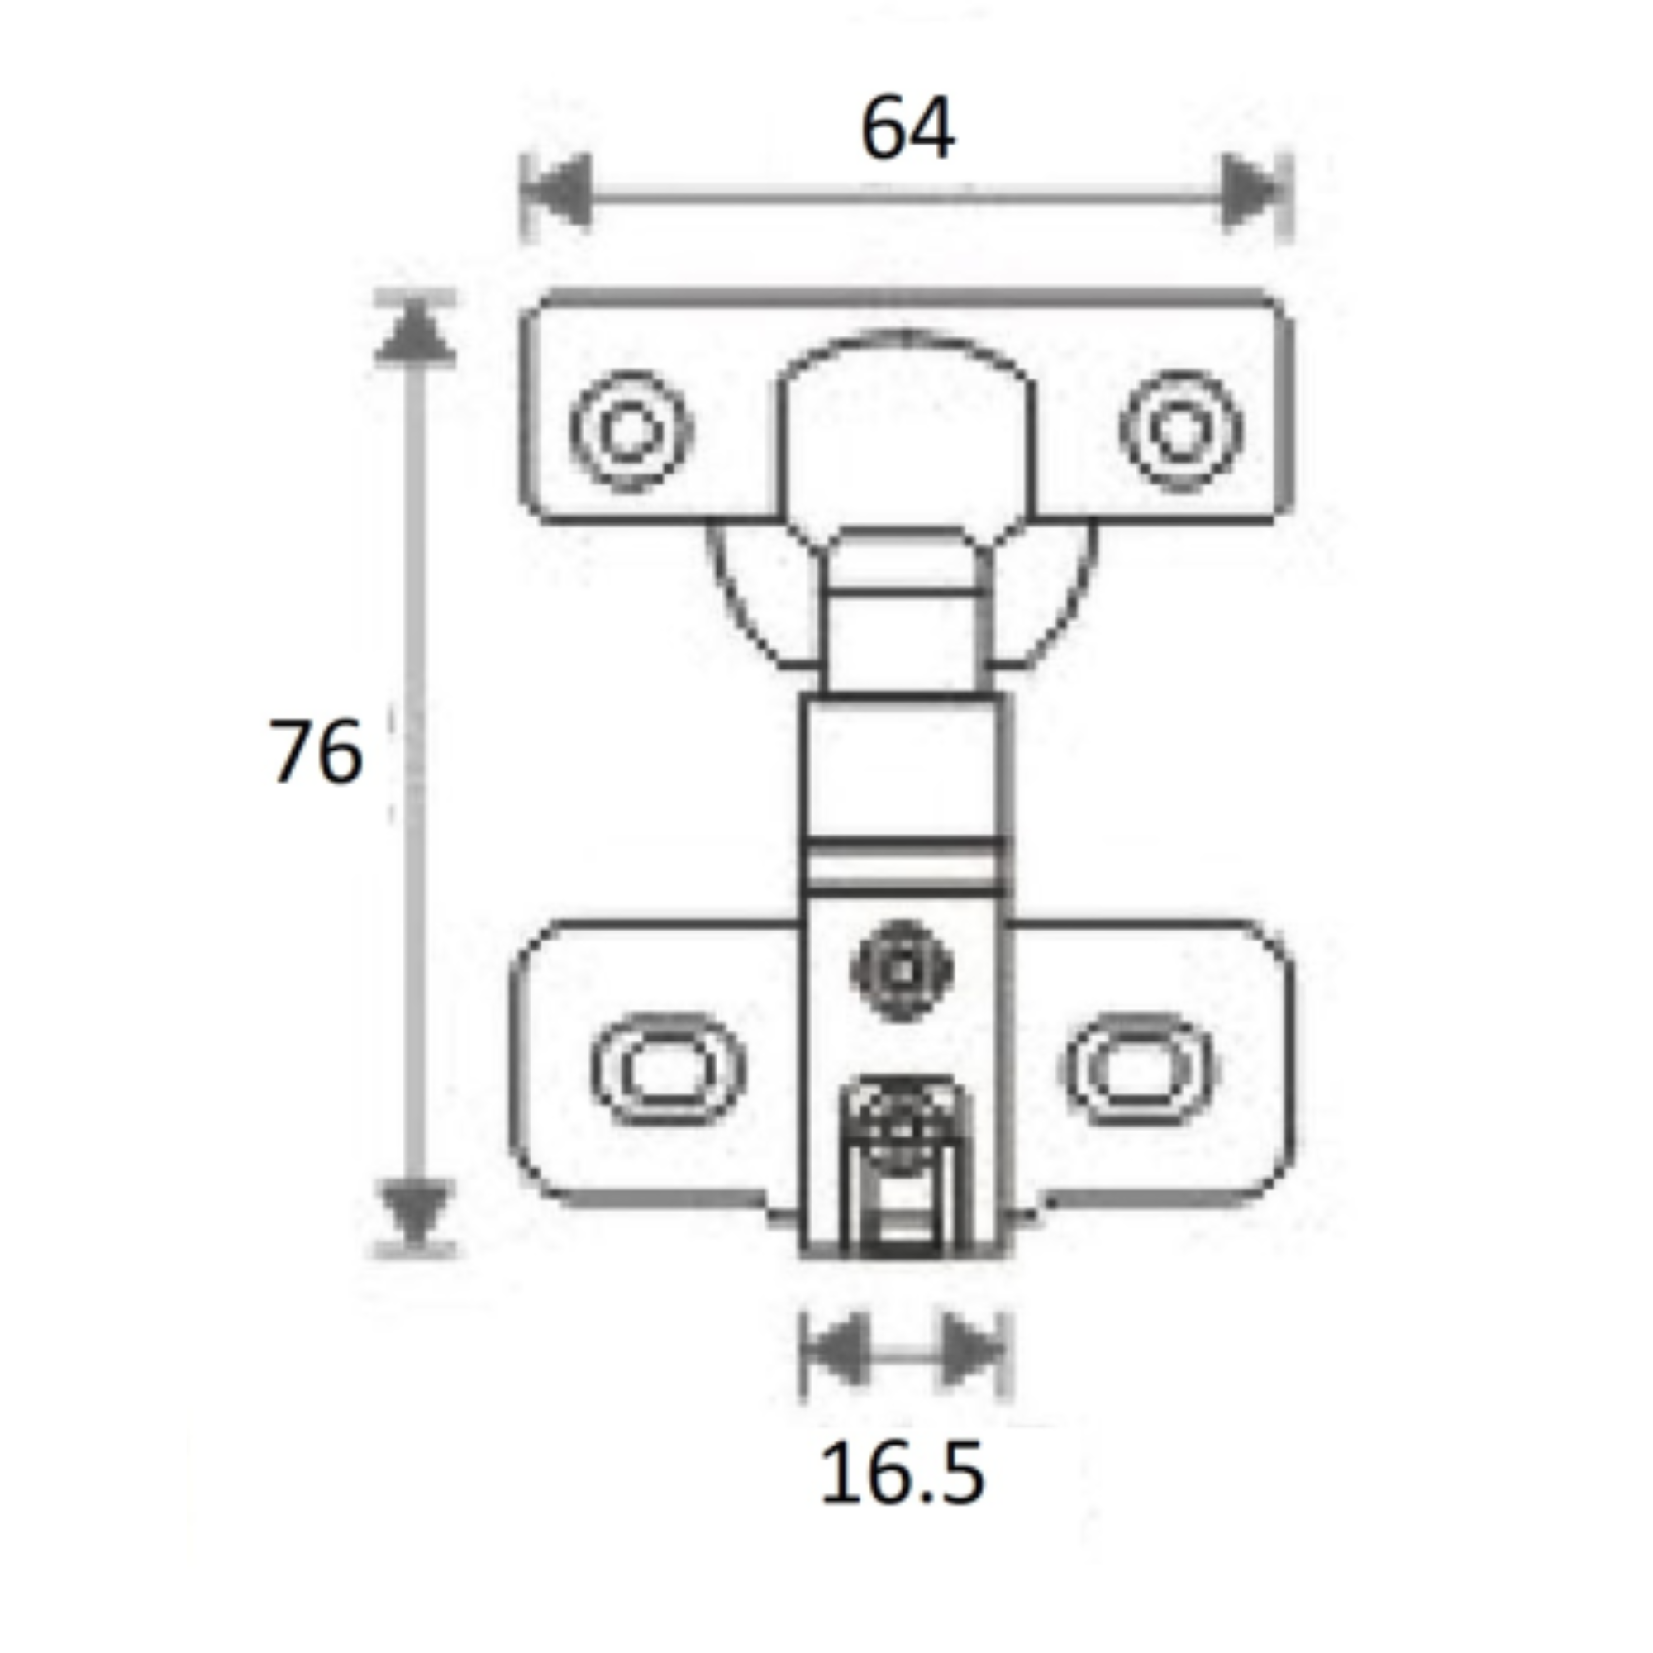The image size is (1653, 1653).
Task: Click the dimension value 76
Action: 316,751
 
